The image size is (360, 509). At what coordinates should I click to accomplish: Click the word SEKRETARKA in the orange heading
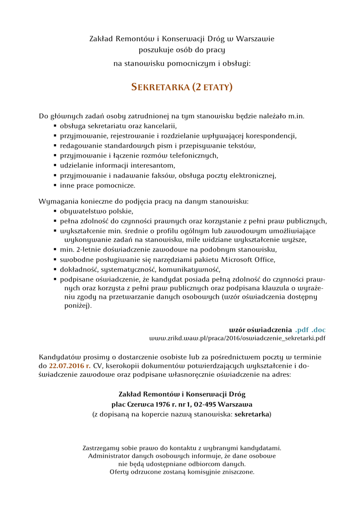coord(160,87)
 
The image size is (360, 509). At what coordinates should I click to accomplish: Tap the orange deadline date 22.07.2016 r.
coord(69,366)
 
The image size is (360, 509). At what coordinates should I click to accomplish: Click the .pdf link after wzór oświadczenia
coord(302,330)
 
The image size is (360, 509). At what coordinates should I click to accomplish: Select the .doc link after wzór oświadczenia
coord(319,330)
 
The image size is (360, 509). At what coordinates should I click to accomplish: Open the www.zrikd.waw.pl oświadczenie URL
coord(238,339)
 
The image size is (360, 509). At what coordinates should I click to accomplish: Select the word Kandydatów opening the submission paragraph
coord(61,357)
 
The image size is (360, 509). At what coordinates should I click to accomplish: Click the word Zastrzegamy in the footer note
coord(102,448)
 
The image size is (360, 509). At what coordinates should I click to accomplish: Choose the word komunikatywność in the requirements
coord(191,269)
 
